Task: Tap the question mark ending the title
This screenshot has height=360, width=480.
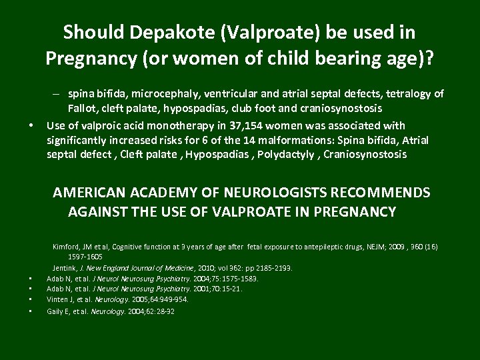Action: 429,59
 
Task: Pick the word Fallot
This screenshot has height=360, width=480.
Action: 83,109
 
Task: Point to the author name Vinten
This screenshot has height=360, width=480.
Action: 58,300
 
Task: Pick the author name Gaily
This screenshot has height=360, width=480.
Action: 56,311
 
